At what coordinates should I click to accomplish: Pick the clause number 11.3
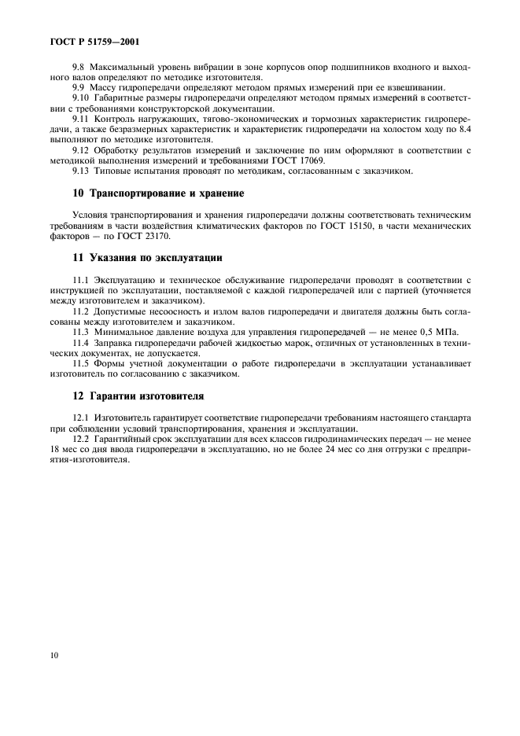pyautogui.click(x=82, y=332)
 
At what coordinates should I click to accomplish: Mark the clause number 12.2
pyautogui.click(x=82, y=438)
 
